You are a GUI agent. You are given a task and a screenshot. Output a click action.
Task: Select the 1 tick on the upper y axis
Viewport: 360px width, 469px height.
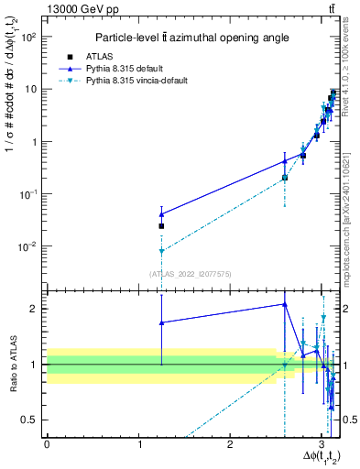click(37, 142)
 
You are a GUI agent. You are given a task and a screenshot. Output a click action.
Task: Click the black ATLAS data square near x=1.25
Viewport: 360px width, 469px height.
click(161, 225)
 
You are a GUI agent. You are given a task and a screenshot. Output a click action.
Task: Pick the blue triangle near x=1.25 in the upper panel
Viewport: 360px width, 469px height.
click(161, 214)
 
